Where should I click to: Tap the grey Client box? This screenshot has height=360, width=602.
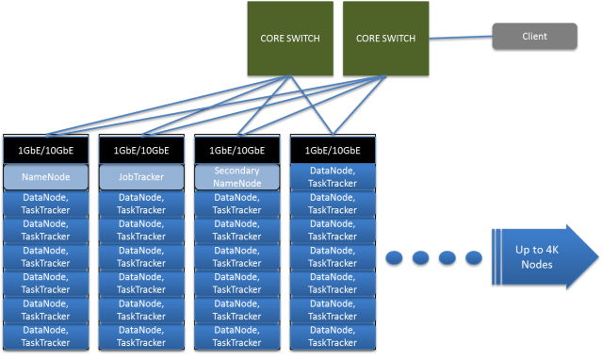[534, 37]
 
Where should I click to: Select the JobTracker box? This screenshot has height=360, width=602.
[142, 176]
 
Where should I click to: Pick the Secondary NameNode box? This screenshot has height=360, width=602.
[238, 176]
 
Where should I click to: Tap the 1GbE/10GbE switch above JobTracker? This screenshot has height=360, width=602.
[142, 149]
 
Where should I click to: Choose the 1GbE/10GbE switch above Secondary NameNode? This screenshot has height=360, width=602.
[238, 149]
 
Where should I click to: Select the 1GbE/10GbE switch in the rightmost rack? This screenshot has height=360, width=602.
[334, 149]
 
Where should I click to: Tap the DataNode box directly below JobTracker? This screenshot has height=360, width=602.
[142, 204]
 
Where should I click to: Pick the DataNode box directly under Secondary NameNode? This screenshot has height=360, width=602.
[238, 204]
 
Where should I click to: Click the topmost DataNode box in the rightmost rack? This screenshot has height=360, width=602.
[334, 176]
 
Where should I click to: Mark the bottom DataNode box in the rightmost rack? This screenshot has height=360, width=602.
[334, 336]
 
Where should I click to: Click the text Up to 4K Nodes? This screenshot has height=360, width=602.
[533, 257]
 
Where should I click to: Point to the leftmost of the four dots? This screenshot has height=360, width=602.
[396, 258]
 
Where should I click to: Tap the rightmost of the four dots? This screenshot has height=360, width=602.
[468, 258]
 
